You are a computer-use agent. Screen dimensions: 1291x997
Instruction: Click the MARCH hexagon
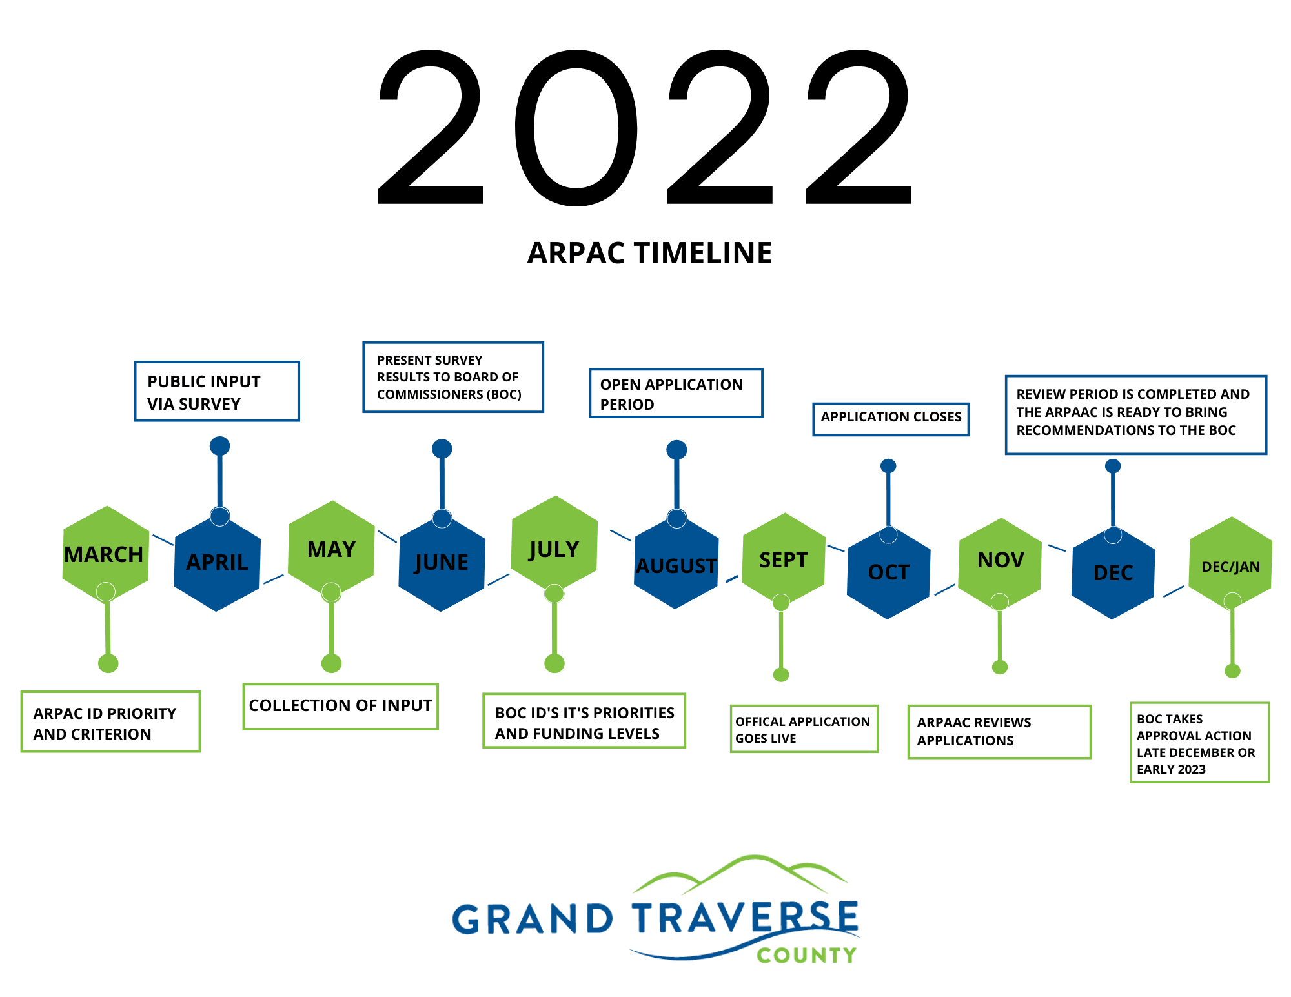(x=106, y=554)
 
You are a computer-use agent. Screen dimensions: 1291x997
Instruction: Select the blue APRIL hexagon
(x=218, y=563)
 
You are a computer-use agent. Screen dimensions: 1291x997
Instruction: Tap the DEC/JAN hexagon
(x=1230, y=564)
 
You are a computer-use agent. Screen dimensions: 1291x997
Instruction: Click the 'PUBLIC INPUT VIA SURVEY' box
(x=217, y=392)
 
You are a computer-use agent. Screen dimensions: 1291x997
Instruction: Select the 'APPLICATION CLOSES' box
(x=891, y=419)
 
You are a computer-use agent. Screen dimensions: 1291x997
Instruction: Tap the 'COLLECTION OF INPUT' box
(x=341, y=707)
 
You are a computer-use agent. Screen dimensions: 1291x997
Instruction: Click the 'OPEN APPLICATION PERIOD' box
(x=676, y=393)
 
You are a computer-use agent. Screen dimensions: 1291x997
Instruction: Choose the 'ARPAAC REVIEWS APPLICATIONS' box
(x=999, y=732)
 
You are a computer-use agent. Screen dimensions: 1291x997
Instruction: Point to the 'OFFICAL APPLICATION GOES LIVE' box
(x=804, y=729)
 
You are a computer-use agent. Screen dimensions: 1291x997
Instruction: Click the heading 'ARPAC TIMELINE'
(x=649, y=253)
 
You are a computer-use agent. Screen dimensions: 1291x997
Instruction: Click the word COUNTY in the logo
(x=806, y=955)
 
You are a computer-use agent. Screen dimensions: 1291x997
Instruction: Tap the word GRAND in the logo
(x=533, y=919)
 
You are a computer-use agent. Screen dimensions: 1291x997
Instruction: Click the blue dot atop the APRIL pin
(x=220, y=446)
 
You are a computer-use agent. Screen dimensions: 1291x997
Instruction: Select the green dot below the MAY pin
(x=331, y=663)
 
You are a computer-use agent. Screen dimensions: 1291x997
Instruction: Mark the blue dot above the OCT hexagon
(x=888, y=466)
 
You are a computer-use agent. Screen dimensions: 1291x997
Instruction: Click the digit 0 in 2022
(x=576, y=128)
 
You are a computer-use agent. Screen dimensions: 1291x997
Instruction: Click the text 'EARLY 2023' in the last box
(x=1171, y=769)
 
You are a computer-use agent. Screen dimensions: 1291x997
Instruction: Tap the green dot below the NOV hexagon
(x=1000, y=667)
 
